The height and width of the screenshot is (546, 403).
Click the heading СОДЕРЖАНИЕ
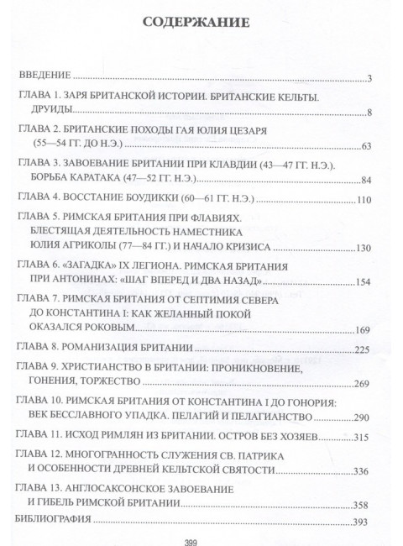coord(201,24)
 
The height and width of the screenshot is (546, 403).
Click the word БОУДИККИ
coord(134,200)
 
